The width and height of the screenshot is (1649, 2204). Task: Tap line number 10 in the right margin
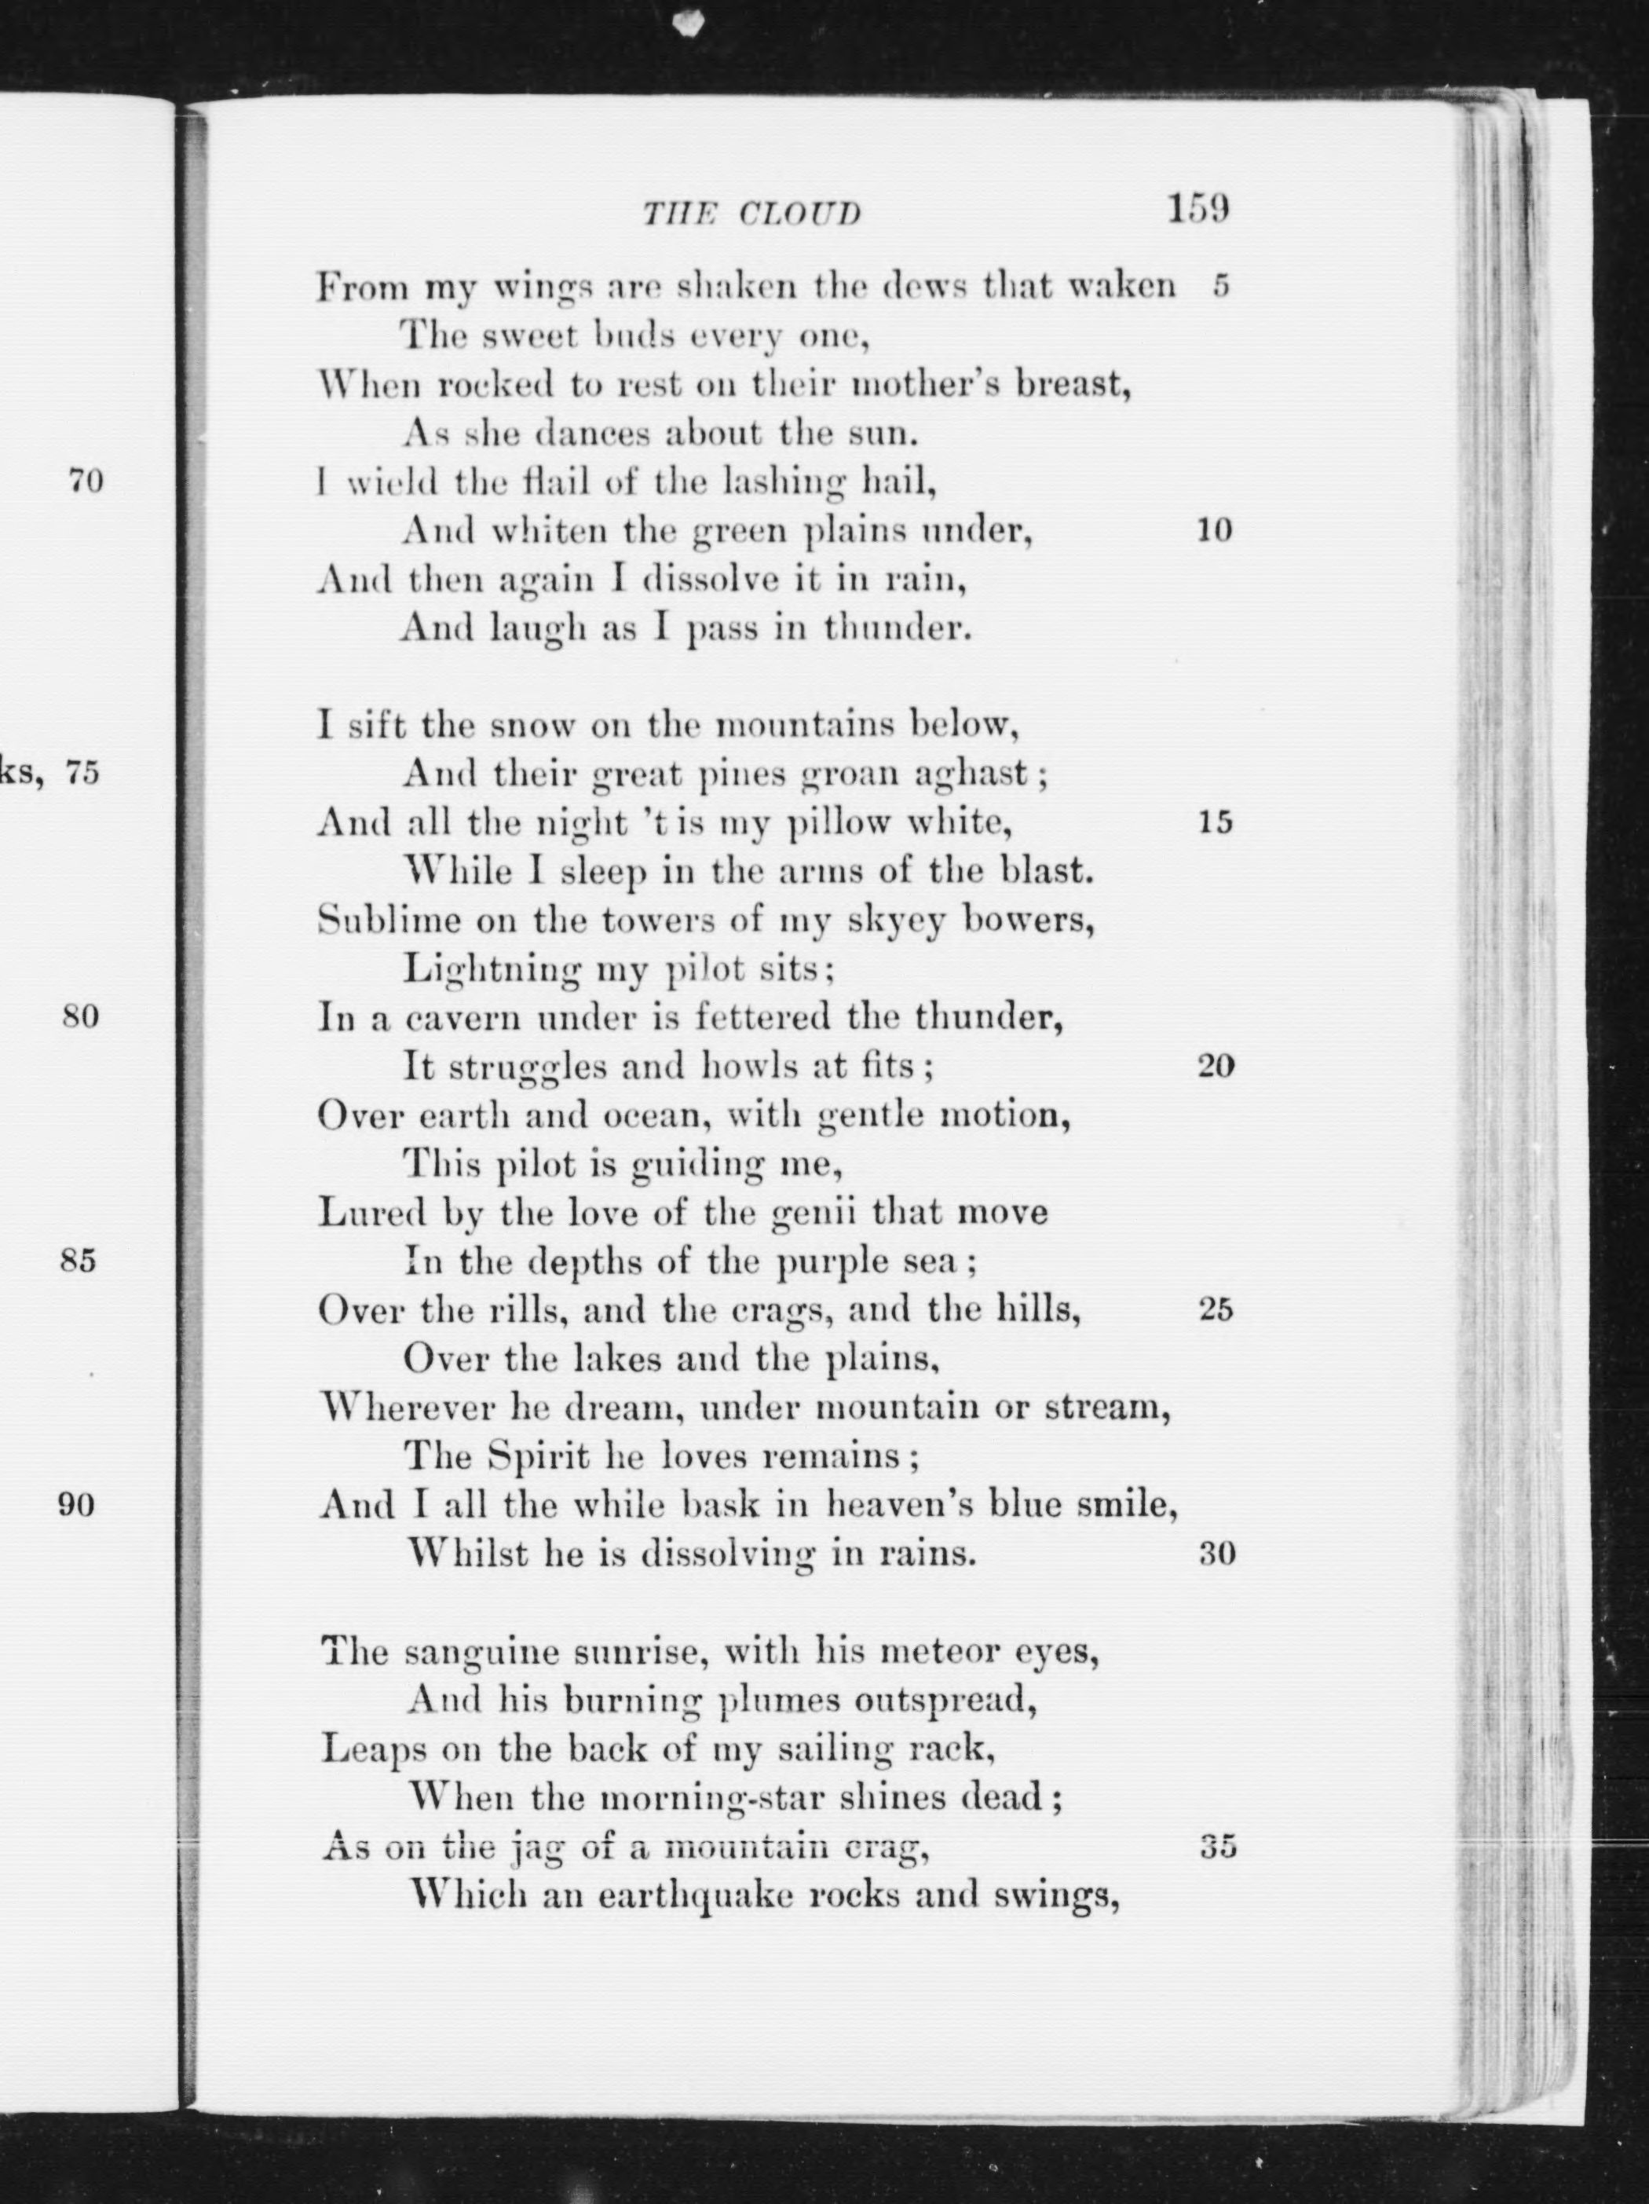(x=1215, y=530)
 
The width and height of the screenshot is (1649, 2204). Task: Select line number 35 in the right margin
(x=1216, y=1847)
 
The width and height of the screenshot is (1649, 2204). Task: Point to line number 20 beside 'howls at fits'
(x=1216, y=1066)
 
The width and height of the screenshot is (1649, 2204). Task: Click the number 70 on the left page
(x=85, y=482)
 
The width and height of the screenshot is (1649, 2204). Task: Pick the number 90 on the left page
(x=77, y=1504)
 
